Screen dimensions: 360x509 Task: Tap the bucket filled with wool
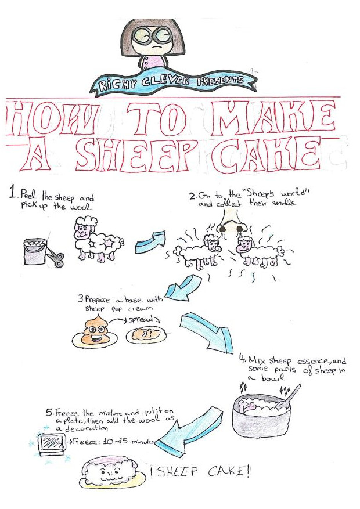pos(35,251)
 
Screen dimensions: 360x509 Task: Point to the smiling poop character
pos(95,332)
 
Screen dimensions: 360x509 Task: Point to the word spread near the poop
pos(141,320)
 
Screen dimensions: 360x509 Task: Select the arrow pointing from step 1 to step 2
pos(150,242)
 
